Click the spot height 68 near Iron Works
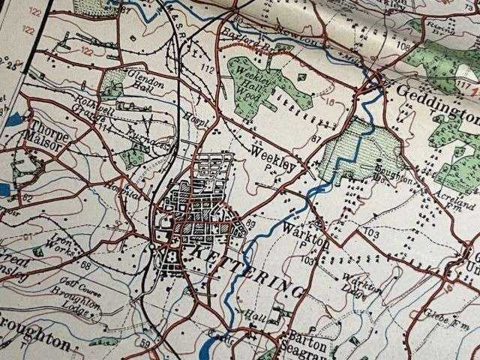click(x=88, y=264)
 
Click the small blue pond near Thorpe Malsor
click(x=16, y=119)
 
